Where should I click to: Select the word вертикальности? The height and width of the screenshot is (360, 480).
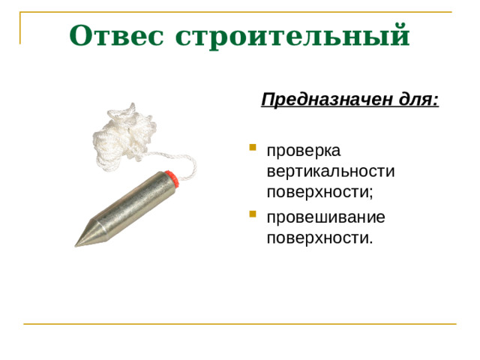[x=330, y=170]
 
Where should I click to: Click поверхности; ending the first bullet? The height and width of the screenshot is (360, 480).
[x=319, y=190]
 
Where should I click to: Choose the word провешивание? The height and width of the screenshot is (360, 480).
[x=325, y=217]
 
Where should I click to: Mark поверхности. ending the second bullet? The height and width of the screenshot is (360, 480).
[x=319, y=238]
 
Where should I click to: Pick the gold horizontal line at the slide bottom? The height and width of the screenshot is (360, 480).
[x=240, y=324]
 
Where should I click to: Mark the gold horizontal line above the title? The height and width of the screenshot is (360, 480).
[x=240, y=12]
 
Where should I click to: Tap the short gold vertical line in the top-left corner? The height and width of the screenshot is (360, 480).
[x=19, y=27]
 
